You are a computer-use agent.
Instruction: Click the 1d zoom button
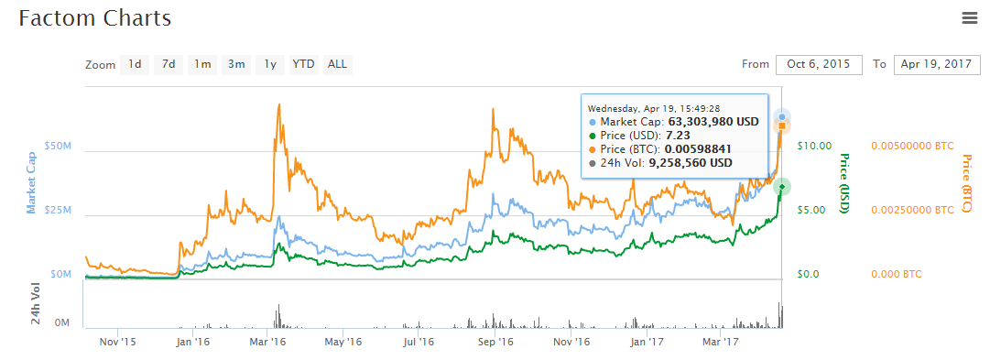(x=135, y=64)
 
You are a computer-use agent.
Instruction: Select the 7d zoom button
(x=169, y=64)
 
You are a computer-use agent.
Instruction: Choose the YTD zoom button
(x=303, y=64)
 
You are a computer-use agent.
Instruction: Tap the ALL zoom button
(x=337, y=64)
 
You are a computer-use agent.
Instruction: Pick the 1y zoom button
(x=270, y=64)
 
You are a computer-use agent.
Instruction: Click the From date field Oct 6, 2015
(x=819, y=64)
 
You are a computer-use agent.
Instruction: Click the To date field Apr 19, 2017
(x=937, y=64)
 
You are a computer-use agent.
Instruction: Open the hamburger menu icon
(x=969, y=18)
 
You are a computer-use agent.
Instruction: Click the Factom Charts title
(x=94, y=17)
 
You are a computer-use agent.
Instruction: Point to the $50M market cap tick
(x=57, y=146)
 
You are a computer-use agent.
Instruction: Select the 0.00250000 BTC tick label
(x=912, y=210)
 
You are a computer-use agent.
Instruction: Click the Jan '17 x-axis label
(x=647, y=343)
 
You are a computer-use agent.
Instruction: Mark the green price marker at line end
(x=782, y=187)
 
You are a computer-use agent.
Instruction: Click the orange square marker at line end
(x=782, y=126)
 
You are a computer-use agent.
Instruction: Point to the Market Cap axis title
(x=31, y=182)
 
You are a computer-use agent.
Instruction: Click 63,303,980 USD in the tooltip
(x=713, y=121)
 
